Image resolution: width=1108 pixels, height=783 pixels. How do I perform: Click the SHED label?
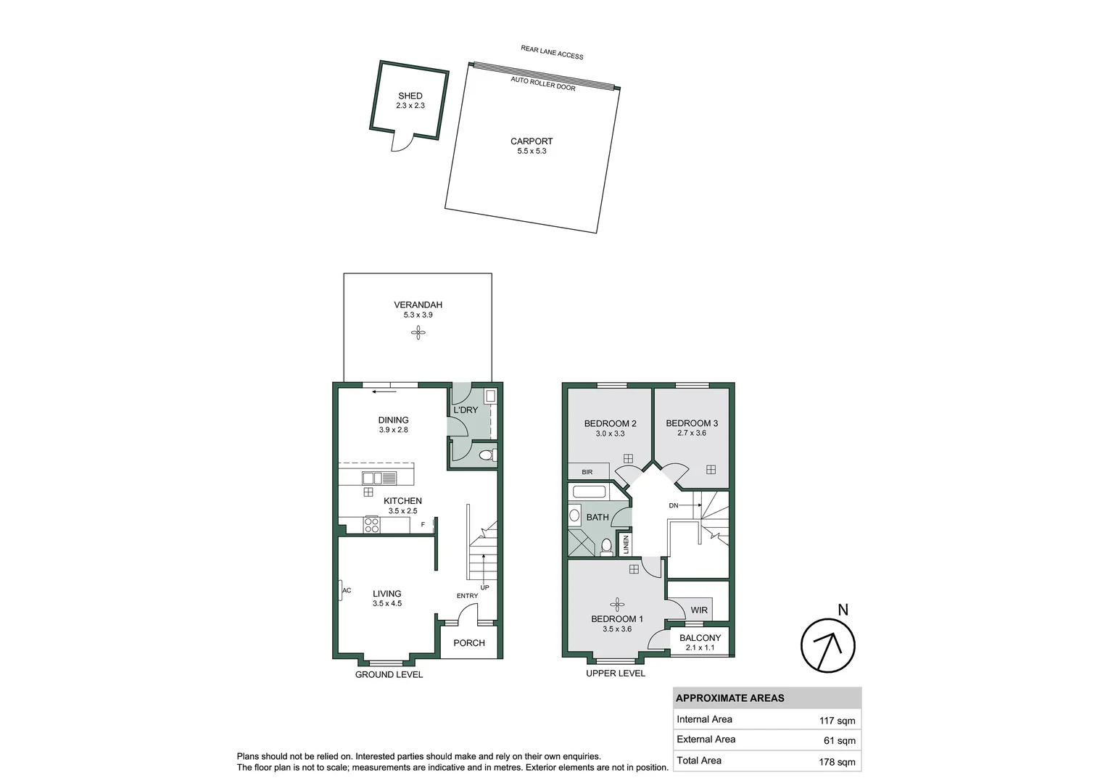click(410, 96)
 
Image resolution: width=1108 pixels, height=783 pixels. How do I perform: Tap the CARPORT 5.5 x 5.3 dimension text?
click(532, 152)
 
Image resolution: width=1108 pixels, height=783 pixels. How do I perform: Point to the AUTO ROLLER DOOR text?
click(542, 83)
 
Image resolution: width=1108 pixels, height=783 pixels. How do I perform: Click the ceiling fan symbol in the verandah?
click(418, 333)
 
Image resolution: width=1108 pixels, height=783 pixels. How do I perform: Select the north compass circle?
click(827, 645)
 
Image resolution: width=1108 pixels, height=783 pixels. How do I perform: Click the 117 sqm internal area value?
click(837, 721)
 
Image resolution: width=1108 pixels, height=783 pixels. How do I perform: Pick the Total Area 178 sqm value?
click(837, 761)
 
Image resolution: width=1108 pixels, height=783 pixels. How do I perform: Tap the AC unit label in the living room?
click(347, 591)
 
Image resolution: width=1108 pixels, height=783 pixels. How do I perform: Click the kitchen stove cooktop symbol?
click(371, 525)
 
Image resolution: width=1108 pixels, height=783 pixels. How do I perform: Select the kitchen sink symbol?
click(379, 478)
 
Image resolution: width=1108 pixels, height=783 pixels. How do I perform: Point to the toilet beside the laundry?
click(487, 455)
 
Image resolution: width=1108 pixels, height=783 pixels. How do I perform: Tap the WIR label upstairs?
click(698, 610)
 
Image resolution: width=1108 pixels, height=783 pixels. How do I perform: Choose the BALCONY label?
click(700, 638)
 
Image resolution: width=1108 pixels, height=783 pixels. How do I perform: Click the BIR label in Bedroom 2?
click(587, 472)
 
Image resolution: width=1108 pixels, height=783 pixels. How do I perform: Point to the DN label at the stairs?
click(673, 505)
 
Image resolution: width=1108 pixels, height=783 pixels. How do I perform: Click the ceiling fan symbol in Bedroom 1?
click(617, 604)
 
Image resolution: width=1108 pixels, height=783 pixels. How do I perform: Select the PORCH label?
click(469, 643)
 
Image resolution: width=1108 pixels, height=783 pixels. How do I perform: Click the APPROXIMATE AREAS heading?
click(729, 698)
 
